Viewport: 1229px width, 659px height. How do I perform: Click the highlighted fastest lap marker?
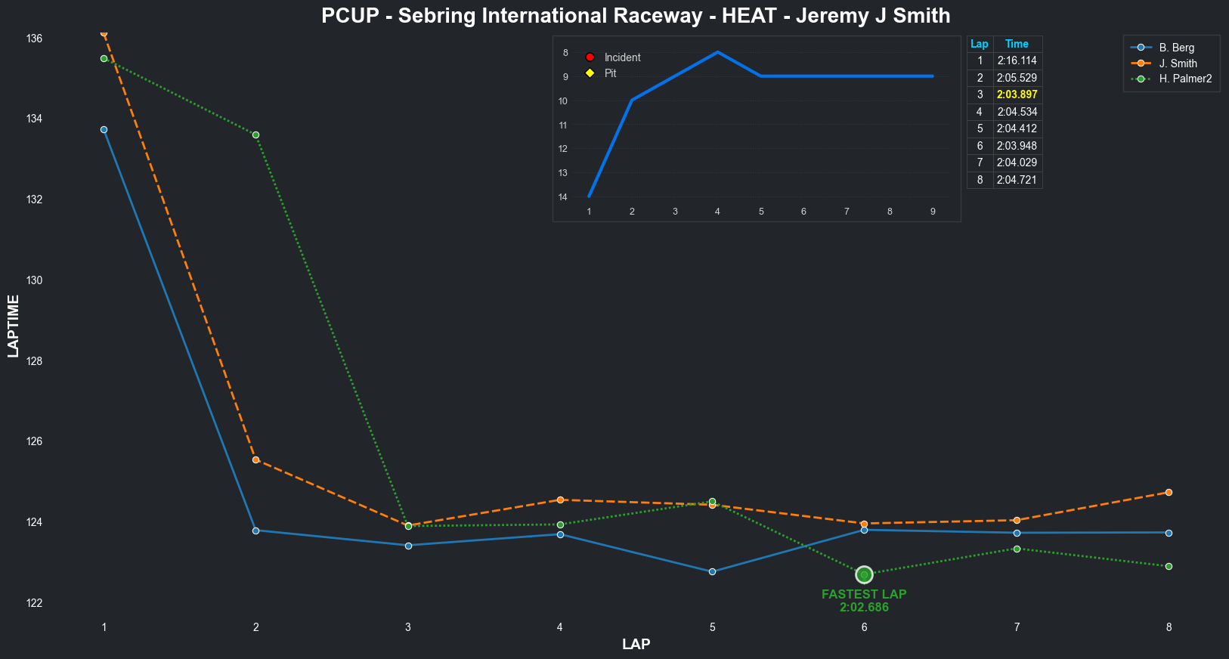coord(864,575)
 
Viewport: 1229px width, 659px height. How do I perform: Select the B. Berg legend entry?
coord(1176,48)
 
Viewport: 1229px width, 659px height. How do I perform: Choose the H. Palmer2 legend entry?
coord(1185,79)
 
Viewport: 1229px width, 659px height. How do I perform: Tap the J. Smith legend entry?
coord(1178,63)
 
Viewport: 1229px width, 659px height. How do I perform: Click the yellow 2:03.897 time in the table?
coord(1017,94)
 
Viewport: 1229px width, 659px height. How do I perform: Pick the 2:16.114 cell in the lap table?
coord(1017,60)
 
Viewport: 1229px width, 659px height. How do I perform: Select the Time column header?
coord(1017,44)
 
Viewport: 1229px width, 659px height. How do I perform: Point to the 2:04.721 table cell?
coord(1017,180)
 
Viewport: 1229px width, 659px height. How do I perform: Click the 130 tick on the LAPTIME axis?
coord(33,280)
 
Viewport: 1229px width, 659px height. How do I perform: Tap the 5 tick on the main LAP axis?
coord(712,627)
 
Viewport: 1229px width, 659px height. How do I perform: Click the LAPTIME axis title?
coord(13,326)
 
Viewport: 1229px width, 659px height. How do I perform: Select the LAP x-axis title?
coord(636,645)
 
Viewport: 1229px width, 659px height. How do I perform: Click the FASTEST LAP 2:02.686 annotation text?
coord(864,601)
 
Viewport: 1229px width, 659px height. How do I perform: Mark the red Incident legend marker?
coord(590,57)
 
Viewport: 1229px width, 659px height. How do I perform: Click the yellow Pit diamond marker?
coord(590,73)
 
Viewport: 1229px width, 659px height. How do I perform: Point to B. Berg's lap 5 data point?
coord(712,571)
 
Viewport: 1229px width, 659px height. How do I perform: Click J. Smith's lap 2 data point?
coord(255,459)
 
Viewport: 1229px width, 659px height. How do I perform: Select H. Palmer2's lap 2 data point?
coord(255,135)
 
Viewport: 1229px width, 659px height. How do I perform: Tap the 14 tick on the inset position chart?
coord(563,197)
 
